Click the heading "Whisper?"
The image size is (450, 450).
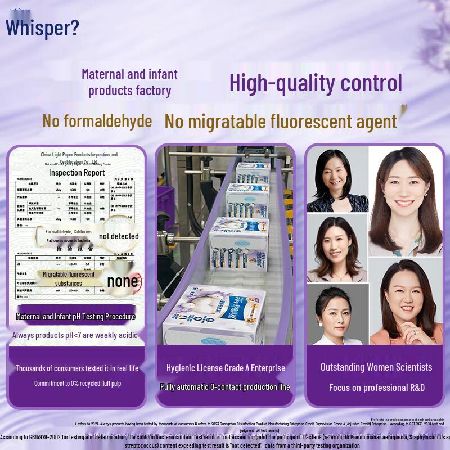[42, 27]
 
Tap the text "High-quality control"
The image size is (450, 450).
[316, 83]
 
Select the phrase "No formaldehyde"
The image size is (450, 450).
[97, 121]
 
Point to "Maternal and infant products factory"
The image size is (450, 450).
[129, 82]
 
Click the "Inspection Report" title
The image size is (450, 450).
[76, 173]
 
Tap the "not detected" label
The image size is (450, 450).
[119, 236]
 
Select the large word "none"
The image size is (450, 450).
[122, 281]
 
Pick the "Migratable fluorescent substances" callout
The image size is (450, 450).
[68, 279]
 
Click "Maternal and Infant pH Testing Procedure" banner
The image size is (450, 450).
[76, 317]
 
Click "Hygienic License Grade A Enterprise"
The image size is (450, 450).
[226, 368]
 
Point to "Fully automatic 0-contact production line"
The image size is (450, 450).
[225, 387]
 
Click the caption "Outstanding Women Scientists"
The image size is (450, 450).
[376, 367]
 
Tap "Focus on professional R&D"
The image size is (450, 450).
[376, 388]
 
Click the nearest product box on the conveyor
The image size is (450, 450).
[217, 315]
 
